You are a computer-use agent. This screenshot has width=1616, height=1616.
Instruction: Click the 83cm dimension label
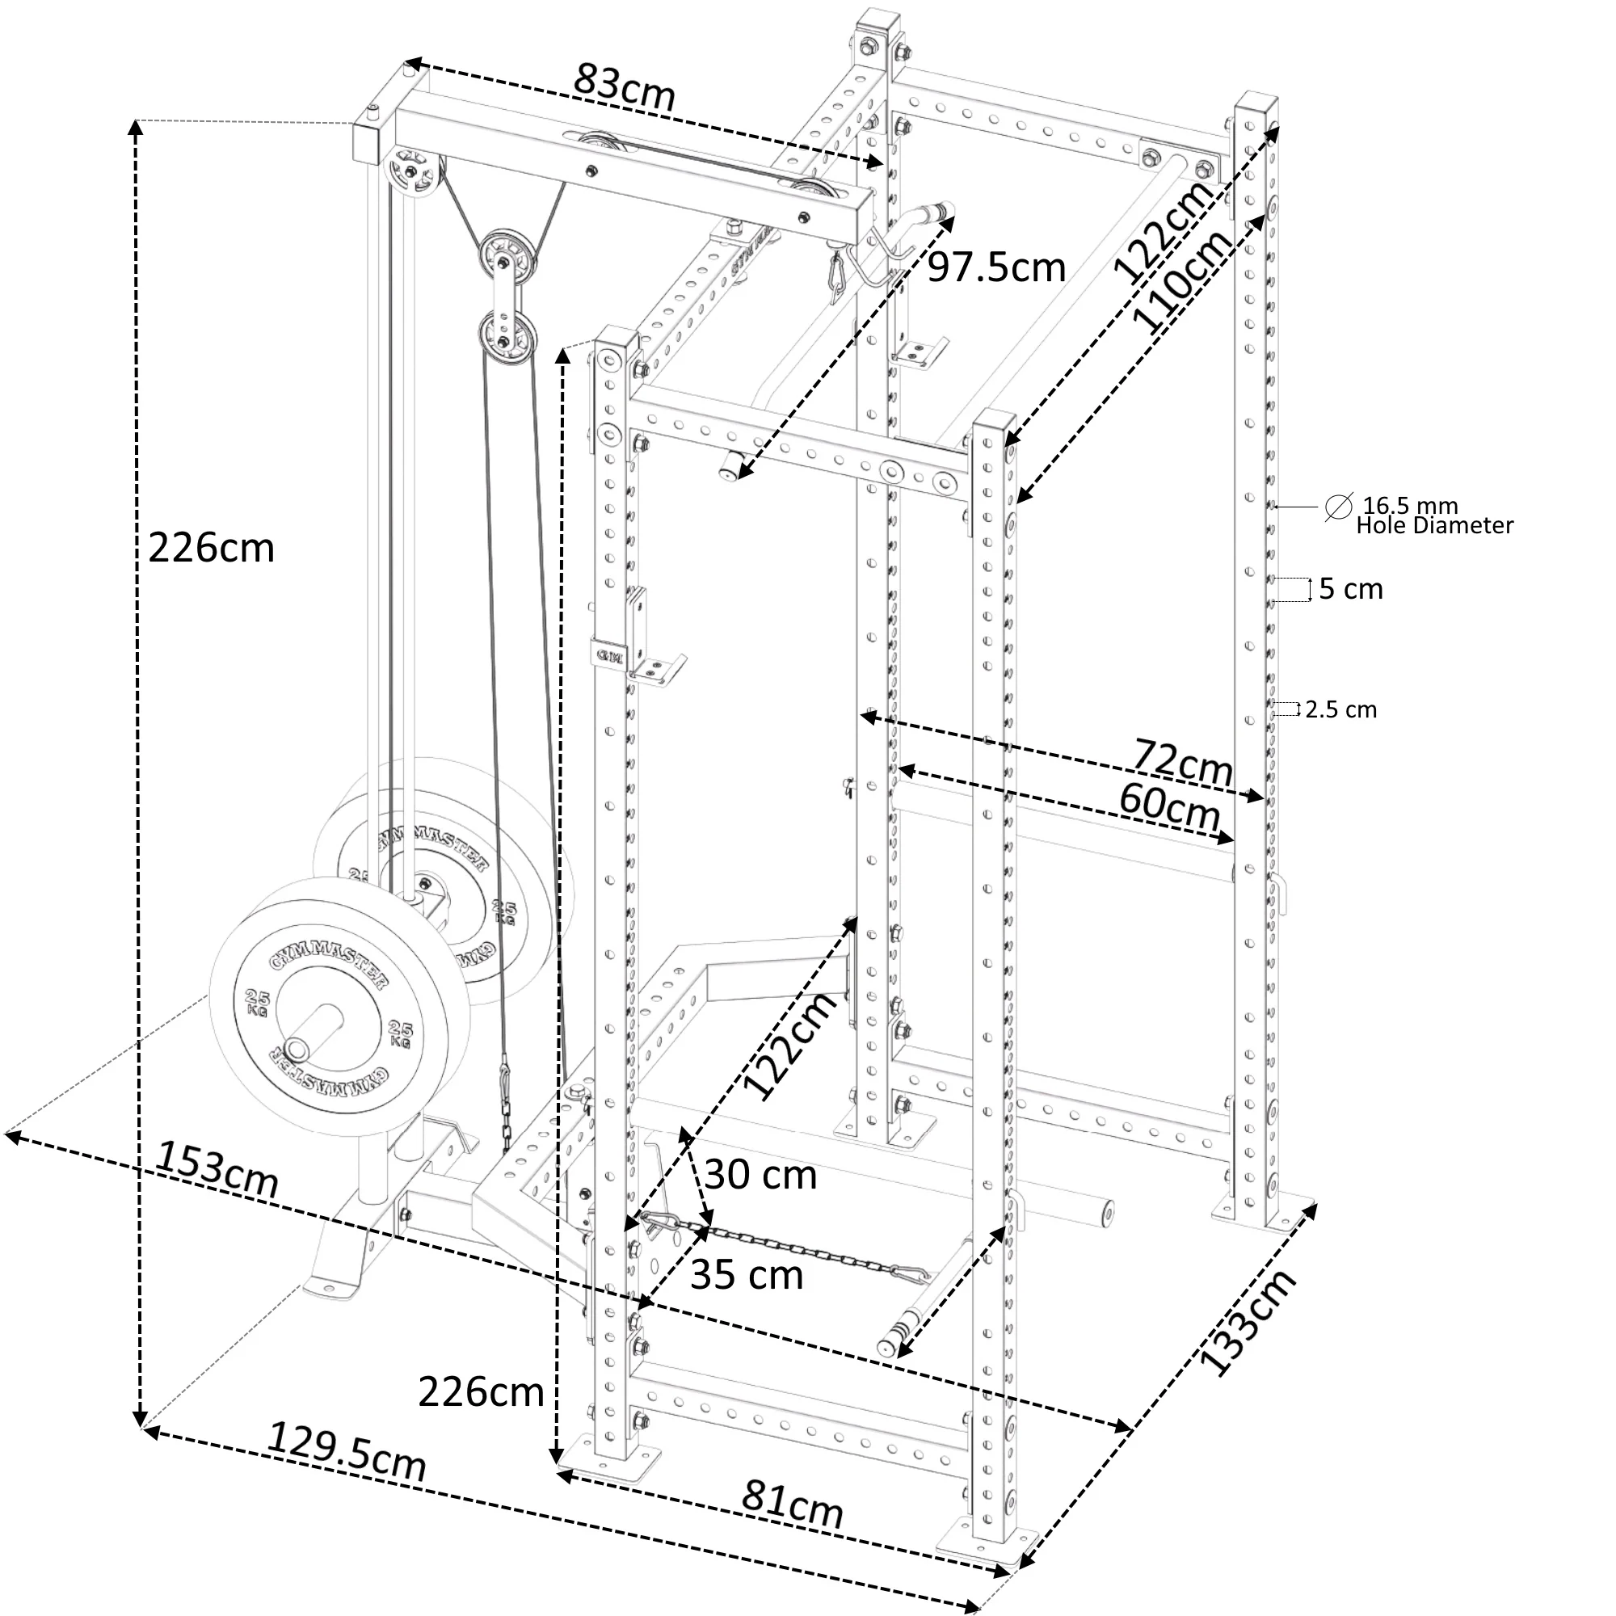click(x=624, y=87)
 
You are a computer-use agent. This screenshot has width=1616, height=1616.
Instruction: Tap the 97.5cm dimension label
click(x=996, y=267)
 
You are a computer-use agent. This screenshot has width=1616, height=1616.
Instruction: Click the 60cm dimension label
click(x=1169, y=806)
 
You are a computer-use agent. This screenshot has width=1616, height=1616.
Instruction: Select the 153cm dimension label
click(x=217, y=1169)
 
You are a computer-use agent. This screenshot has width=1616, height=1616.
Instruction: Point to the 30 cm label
click(x=760, y=1175)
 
